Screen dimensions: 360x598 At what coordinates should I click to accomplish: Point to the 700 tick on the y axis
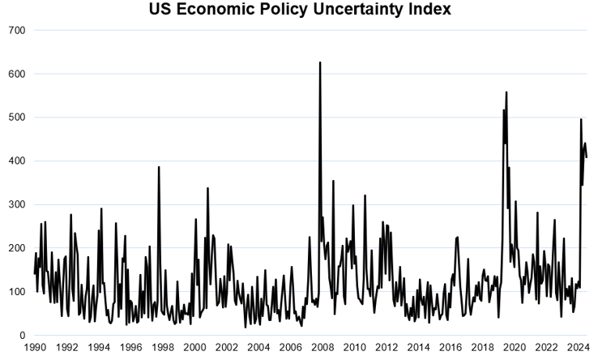(x=16, y=30)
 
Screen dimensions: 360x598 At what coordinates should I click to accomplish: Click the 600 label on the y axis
(x=16, y=74)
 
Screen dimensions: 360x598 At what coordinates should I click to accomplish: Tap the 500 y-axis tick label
(x=16, y=118)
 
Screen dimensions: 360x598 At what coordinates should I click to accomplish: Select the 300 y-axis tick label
(x=16, y=204)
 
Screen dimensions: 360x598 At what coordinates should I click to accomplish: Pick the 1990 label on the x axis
(x=35, y=349)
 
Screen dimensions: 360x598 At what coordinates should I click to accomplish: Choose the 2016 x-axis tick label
(x=451, y=349)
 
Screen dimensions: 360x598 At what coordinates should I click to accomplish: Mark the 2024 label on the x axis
(x=578, y=349)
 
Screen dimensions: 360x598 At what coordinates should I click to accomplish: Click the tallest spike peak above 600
(x=320, y=62)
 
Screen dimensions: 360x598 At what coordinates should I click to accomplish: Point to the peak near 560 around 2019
(x=506, y=92)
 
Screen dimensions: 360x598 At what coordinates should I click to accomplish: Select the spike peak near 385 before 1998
(x=159, y=167)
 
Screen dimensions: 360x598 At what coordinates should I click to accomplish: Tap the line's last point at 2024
(x=586, y=156)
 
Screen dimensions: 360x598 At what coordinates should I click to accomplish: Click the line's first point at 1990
(x=35, y=273)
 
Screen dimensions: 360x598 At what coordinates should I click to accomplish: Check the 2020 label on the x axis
(x=514, y=349)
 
